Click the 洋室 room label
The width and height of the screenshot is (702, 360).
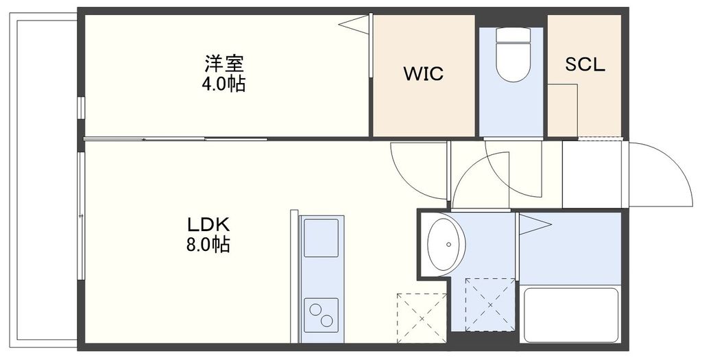click(x=224, y=64)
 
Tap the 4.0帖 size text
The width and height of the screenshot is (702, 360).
click(x=224, y=84)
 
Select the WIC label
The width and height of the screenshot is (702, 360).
click(x=423, y=73)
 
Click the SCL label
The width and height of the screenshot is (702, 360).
click(x=585, y=65)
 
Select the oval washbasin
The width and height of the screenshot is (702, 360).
click(x=446, y=243)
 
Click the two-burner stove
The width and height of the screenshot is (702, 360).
click(x=321, y=316)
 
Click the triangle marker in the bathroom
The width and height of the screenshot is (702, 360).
click(x=534, y=224)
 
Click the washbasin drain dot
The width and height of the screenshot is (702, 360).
click(x=449, y=243)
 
